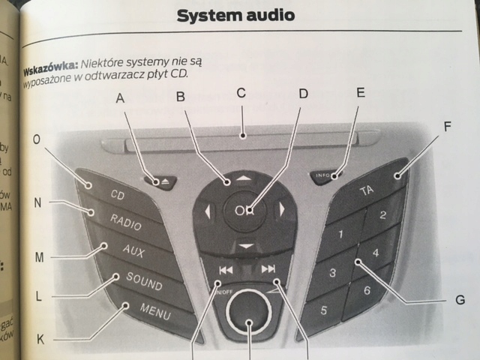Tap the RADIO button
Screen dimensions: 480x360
point(126,220)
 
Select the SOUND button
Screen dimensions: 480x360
point(143,280)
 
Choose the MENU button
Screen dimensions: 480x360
point(154,310)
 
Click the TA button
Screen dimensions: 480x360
point(367,190)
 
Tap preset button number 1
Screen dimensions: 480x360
point(338,235)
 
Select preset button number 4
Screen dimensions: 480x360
point(375,253)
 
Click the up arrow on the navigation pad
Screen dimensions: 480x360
point(241,179)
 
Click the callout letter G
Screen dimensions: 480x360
point(460,301)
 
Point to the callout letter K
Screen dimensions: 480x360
point(40,340)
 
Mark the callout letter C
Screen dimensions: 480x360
point(241,94)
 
